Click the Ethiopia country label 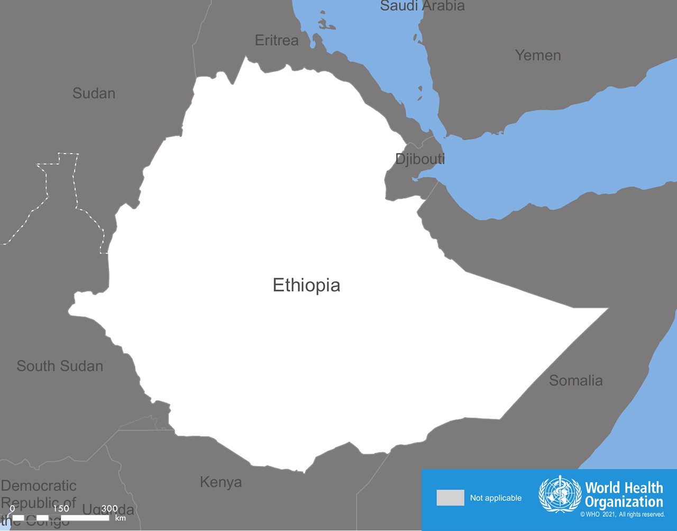(x=306, y=285)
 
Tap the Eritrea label (x=277, y=40)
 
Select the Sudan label (x=94, y=94)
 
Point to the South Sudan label (x=60, y=366)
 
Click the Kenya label (x=221, y=482)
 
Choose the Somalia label (x=575, y=380)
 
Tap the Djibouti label (x=420, y=159)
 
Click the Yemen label (x=538, y=55)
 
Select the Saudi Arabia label (x=422, y=6)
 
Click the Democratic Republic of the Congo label (x=39, y=502)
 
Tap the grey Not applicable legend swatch (x=450, y=498)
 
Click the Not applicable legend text (x=496, y=498)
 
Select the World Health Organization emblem (x=560, y=494)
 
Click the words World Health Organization (x=624, y=494)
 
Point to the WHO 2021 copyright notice (x=623, y=515)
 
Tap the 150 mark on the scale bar (x=61, y=508)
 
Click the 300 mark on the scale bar (x=109, y=508)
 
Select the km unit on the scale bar (x=121, y=518)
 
